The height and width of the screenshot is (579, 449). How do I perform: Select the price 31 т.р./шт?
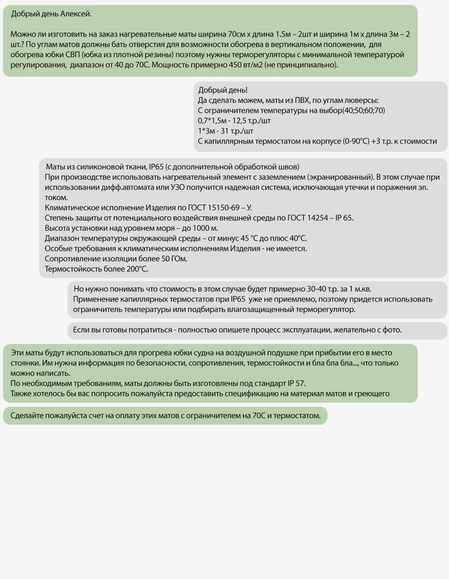coord(236,131)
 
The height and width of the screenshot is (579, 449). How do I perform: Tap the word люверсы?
coord(363,100)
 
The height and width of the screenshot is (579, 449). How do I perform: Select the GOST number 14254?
coord(310,218)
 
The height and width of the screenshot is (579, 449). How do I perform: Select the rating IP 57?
coord(293,383)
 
